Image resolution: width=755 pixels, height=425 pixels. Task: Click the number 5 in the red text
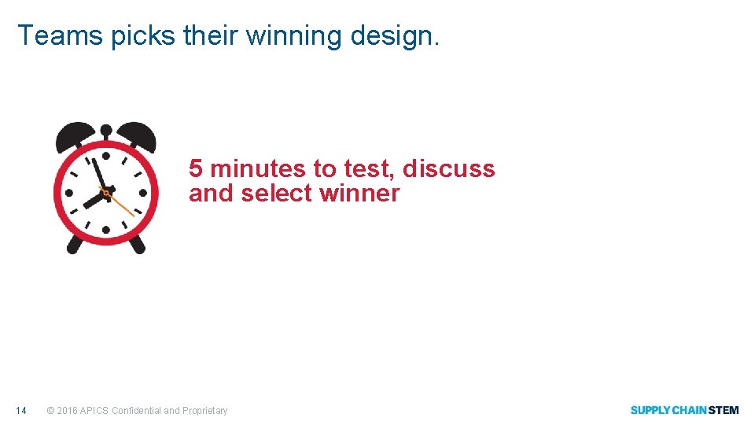196,168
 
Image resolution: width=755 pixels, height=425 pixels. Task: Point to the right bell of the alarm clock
135,135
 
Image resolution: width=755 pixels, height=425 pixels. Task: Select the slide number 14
21,410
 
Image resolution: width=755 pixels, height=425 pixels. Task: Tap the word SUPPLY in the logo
650,410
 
